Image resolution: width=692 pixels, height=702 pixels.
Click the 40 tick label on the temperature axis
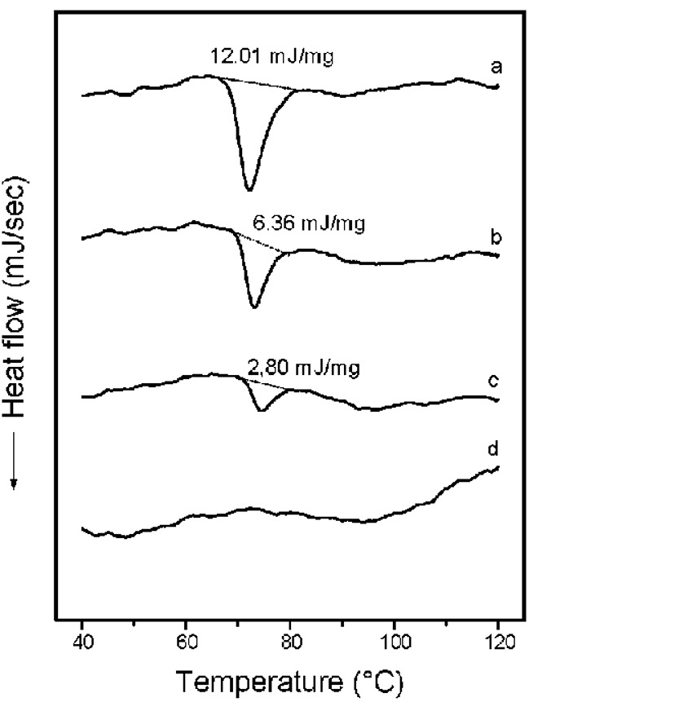click(82, 642)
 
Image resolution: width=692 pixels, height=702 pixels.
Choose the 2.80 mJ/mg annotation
click(302, 367)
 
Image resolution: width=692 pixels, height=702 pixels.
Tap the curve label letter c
click(494, 380)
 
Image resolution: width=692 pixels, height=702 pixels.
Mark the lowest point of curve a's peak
click(249, 189)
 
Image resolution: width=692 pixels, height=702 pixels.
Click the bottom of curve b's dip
click(254, 307)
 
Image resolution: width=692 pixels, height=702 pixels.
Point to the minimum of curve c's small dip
click(261, 410)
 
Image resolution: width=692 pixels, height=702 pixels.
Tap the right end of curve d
click(496, 467)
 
